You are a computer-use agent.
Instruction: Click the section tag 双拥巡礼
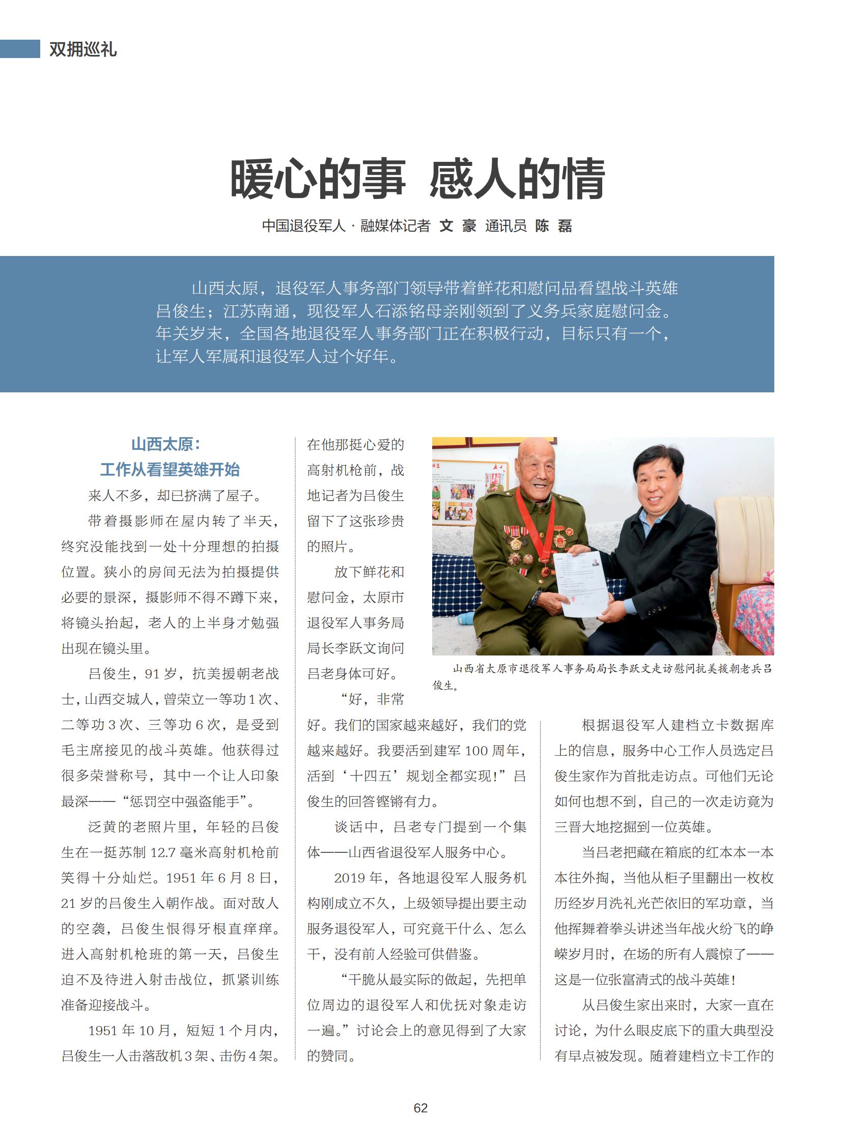point(82,49)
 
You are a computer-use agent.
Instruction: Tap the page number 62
point(420,1108)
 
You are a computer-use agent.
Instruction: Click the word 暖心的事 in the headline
point(318,179)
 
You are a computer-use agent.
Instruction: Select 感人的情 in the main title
point(517,179)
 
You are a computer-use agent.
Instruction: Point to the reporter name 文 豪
point(458,226)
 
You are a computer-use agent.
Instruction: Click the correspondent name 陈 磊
point(553,226)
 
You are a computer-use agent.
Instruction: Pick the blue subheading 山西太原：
point(166,444)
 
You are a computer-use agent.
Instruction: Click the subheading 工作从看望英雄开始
point(170,469)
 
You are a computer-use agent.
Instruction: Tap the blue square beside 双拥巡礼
point(20,49)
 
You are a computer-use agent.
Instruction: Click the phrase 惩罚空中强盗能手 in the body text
point(188,801)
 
